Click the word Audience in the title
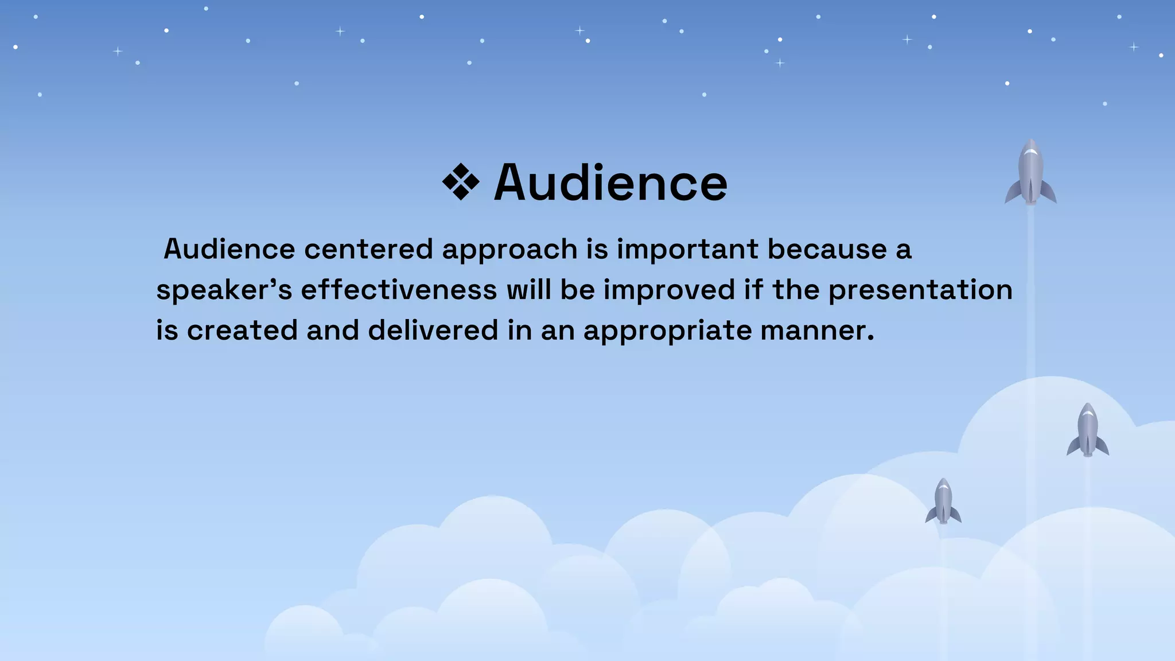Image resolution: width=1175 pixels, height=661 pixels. (610, 183)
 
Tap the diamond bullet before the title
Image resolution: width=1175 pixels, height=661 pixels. (461, 182)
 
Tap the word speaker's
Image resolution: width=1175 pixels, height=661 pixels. (224, 290)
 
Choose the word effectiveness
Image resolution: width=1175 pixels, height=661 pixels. (399, 290)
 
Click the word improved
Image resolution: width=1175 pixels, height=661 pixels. (669, 290)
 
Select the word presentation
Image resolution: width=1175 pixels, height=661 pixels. (920, 290)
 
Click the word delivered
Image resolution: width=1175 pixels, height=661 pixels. (433, 330)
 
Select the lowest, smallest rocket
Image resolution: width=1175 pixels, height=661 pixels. (943, 502)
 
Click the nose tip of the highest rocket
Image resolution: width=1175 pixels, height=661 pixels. (1031, 141)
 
